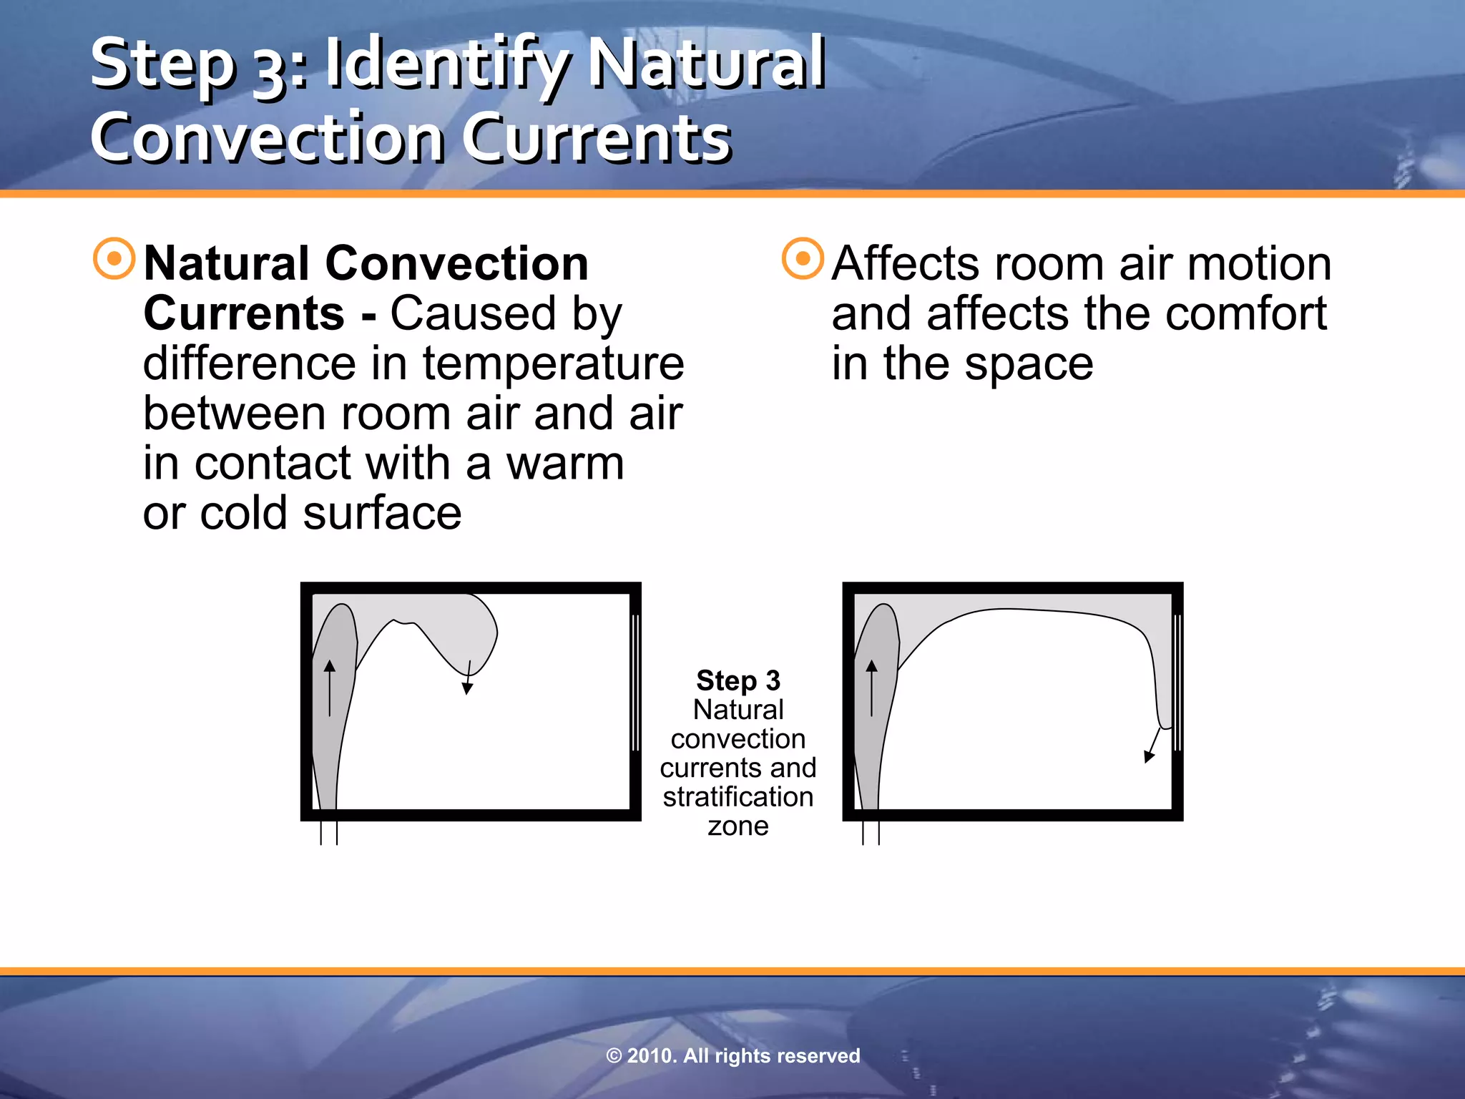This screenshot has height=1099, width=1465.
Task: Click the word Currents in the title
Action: [x=597, y=137]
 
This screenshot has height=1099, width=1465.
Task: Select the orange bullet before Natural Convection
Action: [x=114, y=258]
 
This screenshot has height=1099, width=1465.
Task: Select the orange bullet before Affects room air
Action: [x=803, y=258]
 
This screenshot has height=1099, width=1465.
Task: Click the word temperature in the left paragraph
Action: [x=552, y=363]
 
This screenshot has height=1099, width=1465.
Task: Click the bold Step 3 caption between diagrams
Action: [x=738, y=680]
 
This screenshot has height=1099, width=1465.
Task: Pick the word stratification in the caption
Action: [x=738, y=796]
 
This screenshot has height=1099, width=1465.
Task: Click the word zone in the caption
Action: [x=738, y=826]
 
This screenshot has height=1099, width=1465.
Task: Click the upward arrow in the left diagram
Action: [x=330, y=687]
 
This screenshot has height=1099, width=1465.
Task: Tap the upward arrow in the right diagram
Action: [x=871, y=687]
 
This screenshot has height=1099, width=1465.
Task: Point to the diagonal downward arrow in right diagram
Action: [x=1152, y=746]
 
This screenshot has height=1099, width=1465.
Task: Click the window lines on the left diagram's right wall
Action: [x=635, y=681]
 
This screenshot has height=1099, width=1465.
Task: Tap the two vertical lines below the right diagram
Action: [x=871, y=832]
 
